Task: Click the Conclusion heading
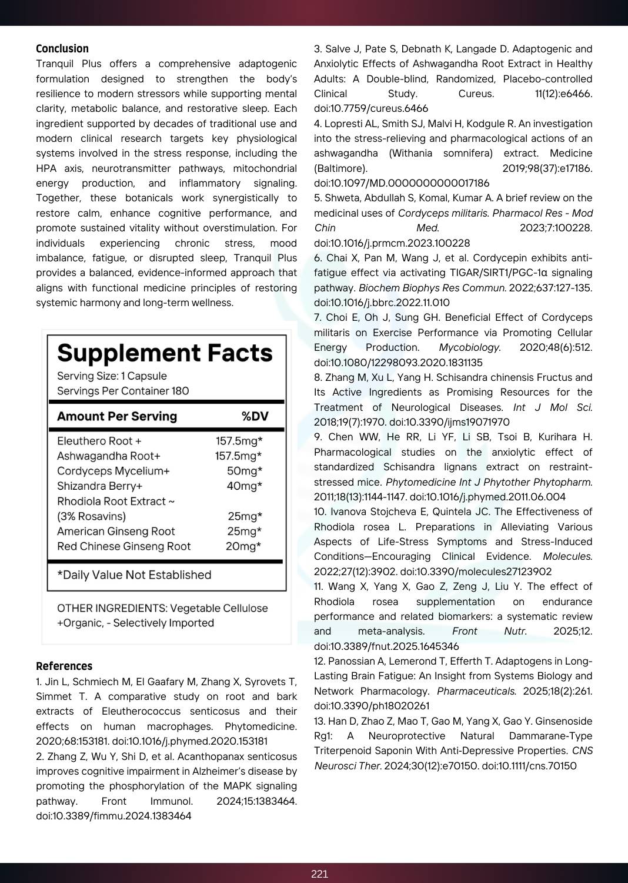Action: click(62, 49)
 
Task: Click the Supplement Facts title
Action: click(165, 353)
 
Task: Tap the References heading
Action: click(64, 666)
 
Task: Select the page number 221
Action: click(319, 874)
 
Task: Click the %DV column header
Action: click(255, 416)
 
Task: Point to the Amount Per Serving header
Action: click(117, 416)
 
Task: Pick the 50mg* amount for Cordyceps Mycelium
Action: click(245, 471)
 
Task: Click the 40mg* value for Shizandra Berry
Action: click(245, 486)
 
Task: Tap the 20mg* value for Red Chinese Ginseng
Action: click(243, 546)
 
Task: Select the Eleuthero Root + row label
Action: click(99, 441)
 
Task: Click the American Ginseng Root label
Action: click(116, 532)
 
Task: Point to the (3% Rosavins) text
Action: click(91, 516)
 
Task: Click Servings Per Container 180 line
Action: click(123, 391)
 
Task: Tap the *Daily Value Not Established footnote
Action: click(134, 575)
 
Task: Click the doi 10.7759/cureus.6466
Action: click(371, 108)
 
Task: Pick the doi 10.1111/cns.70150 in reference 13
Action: click(529, 766)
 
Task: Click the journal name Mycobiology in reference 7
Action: click(470, 347)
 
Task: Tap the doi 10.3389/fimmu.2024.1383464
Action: click(113, 816)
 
